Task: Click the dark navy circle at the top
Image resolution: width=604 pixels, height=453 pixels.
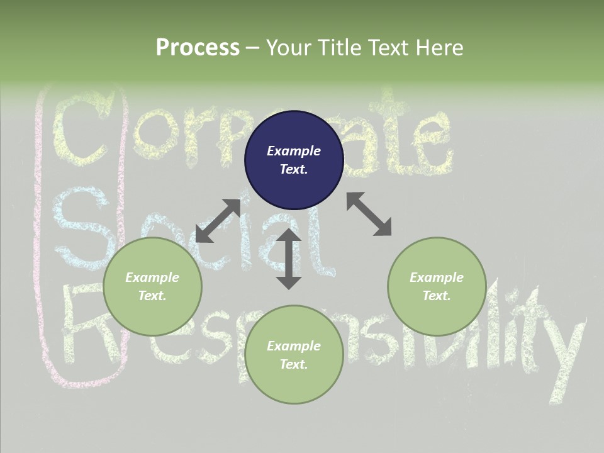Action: (x=294, y=160)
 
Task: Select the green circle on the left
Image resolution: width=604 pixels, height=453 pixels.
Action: (x=152, y=286)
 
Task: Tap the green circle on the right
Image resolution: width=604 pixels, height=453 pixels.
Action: (x=437, y=286)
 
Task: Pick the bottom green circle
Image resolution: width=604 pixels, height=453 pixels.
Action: (x=294, y=355)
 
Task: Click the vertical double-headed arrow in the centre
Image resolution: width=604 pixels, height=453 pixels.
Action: (x=289, y=259)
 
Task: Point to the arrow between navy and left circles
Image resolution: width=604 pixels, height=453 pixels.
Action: (x=218, y=220)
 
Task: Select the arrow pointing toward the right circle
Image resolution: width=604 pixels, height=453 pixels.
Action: (x=369, y=214)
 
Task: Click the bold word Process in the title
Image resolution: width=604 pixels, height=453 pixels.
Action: (x=198, y=47)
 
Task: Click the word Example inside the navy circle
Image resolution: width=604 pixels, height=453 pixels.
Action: (x=294, y=151)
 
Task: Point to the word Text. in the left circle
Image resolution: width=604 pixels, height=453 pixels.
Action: (x=152, y=296)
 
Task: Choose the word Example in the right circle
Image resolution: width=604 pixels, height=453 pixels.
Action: (x=437, y=277)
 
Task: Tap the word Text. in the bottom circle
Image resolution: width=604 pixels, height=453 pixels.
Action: (x=294, y=364)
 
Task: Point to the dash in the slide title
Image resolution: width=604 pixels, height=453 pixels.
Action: (x=253, y=48)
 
